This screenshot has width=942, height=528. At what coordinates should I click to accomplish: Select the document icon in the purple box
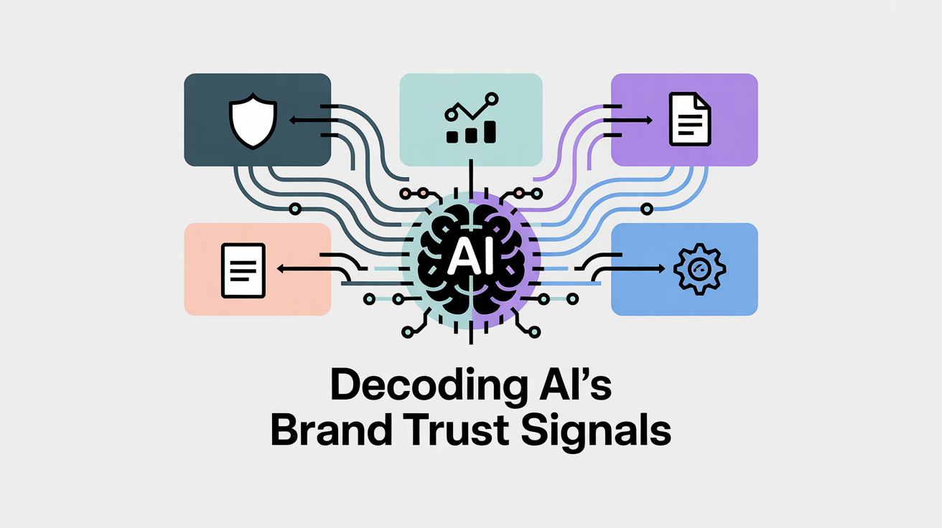point(689,120)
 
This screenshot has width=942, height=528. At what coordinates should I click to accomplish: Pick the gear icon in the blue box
point(699,270)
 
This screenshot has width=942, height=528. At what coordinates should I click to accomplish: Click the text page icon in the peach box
point(243,270)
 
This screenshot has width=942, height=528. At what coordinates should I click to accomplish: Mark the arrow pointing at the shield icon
point(305,121)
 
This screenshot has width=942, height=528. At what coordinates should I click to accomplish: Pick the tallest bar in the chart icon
point(491,131)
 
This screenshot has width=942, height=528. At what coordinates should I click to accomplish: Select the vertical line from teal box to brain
point(471,176)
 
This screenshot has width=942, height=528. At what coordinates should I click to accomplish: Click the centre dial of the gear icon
point(699,270)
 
